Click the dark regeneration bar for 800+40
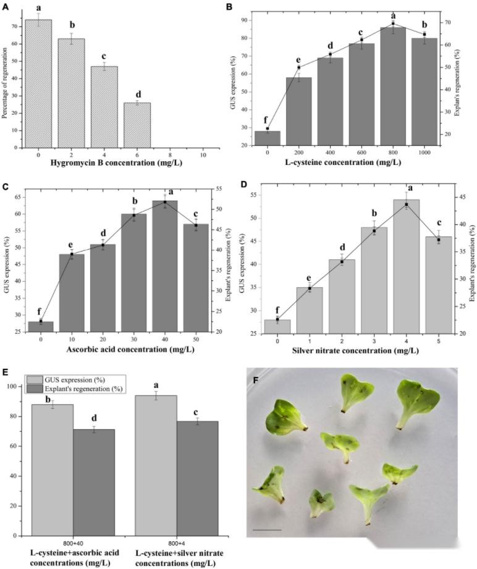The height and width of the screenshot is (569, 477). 94,483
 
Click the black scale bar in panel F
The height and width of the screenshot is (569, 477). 267,529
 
